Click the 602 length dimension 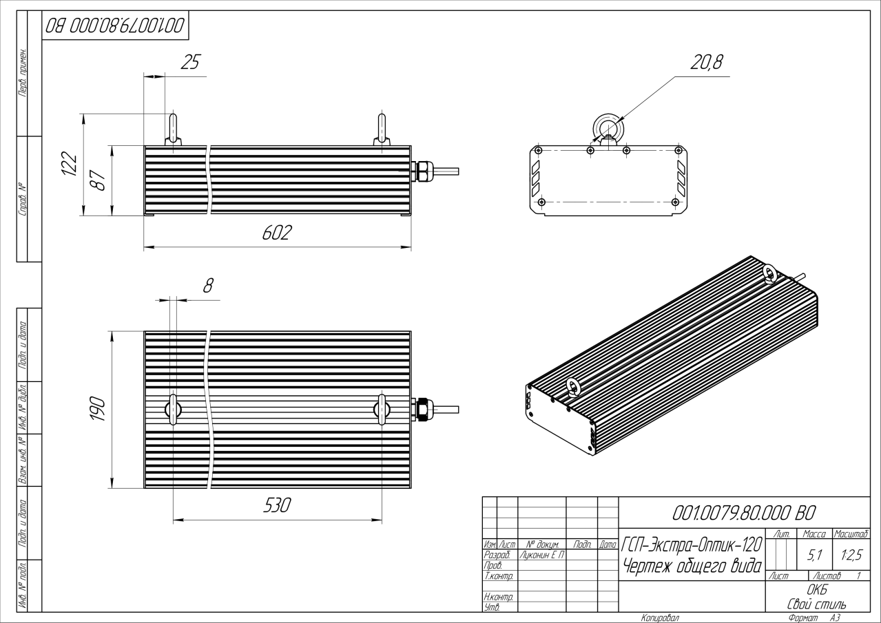click(277, 233)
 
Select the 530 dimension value click(277, 505)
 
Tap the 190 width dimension click(97, 409)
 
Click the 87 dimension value click(99, 181)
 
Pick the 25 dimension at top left click(189, 63)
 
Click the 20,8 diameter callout click(706, 63)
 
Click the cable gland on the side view click(421, 171)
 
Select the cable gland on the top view click(421, 410)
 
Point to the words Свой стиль click(817, 604)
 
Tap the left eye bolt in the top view click(172, 410)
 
